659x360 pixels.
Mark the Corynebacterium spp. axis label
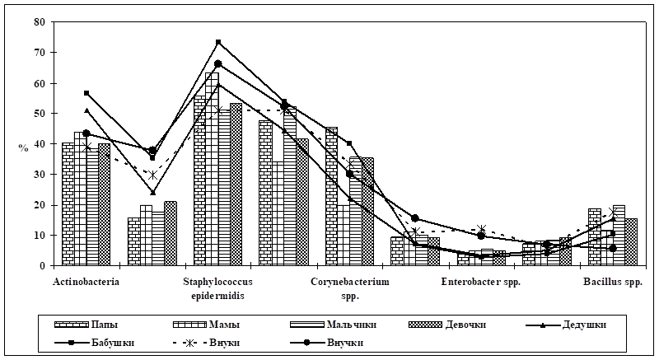pos(349,288)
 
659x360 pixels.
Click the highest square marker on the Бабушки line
pos(218,41)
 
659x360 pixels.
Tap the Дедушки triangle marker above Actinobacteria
pos(86,110)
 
